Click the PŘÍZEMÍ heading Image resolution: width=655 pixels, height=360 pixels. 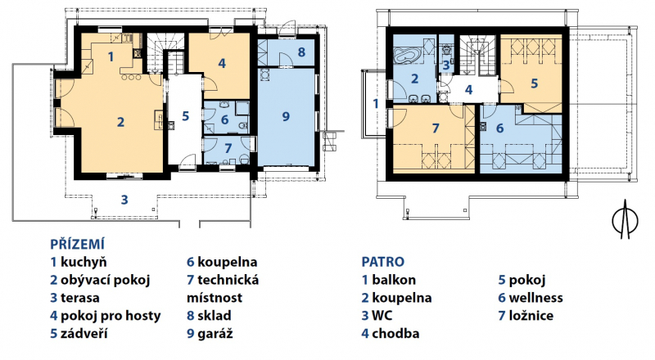click(x=77, y=244)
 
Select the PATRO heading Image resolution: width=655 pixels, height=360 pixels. click(x=382, y=262)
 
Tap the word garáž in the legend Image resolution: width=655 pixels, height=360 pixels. click(x=215, y=334)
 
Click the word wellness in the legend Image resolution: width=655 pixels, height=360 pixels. click(x=535, y=298)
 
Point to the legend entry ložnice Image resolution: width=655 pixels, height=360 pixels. click(x=531, y=316)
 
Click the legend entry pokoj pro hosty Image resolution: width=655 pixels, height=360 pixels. click(x=111, y=316)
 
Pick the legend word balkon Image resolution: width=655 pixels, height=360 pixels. click(x=394, y=280)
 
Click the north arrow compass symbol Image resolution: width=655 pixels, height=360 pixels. click(x=625, y=219)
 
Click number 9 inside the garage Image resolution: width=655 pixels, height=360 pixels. click(x=286, y=115)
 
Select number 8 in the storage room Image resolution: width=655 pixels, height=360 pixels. click(x=301, y=52)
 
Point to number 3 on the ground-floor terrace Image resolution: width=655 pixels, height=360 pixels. click(x=124, y=200)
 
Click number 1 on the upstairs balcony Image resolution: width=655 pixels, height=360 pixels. click(x=376, y=103)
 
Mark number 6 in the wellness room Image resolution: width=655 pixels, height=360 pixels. click(x=499, y=128)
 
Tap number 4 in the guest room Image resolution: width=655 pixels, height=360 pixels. click(x=222, y=63)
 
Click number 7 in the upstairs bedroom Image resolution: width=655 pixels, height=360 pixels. click(x=436, y=128)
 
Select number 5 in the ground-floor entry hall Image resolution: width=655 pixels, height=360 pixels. click(x=186, y=115)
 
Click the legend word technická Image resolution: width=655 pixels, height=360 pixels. click(x=228, y=280)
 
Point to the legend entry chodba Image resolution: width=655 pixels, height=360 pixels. click(x=395, y=334)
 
